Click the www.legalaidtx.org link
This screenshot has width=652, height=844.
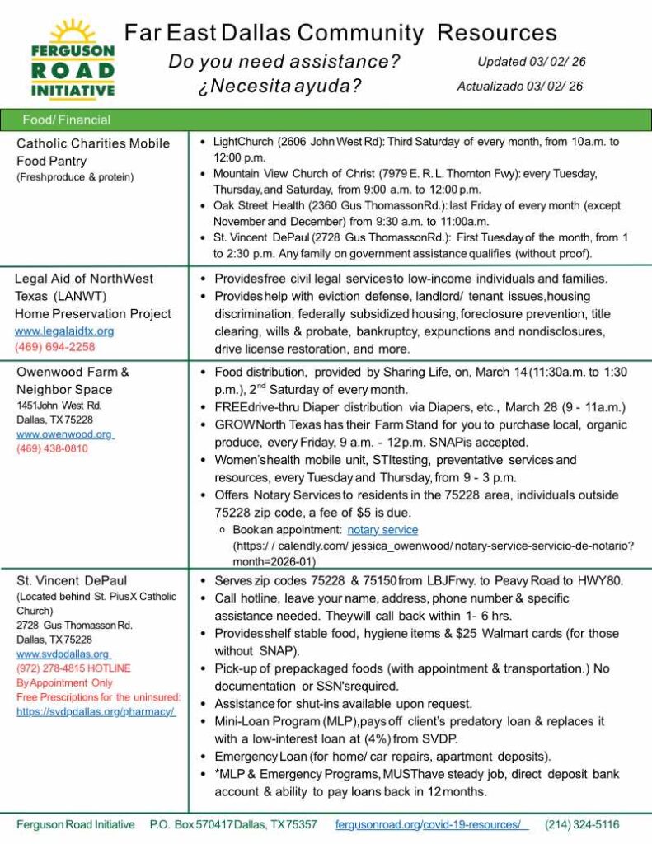64,331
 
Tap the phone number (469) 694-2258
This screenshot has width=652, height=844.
55,347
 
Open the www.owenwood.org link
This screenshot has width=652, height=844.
64,434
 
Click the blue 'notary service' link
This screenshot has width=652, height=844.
382,530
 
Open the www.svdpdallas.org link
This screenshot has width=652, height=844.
63,654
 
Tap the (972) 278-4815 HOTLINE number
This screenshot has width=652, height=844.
73,668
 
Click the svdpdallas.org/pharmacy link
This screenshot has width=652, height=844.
96,712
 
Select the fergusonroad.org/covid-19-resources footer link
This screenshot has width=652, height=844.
430,824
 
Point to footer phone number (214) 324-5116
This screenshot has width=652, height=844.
582,824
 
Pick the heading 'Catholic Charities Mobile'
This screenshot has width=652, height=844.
93,143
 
